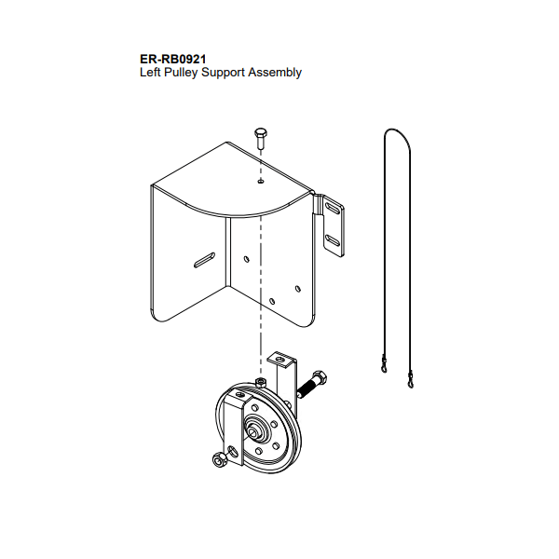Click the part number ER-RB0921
point(173,59)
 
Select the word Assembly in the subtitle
point(275,73)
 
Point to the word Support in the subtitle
point(224,73)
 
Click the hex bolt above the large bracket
point(260,139)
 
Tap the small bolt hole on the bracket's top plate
point(261,181)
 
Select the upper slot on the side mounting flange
point(333,209)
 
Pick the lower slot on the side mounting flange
point(333,240)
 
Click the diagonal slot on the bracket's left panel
point(204,260)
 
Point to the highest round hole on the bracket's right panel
point(246,258)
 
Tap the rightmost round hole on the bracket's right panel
point(298,289)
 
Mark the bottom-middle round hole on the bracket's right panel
point(272,301)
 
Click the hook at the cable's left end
point(384,363)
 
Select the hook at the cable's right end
point(410,379)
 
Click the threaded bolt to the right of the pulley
point(312,385)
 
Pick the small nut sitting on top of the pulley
point(261,382)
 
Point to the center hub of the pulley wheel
point(254,430)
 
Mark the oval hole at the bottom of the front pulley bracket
point(233,451)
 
